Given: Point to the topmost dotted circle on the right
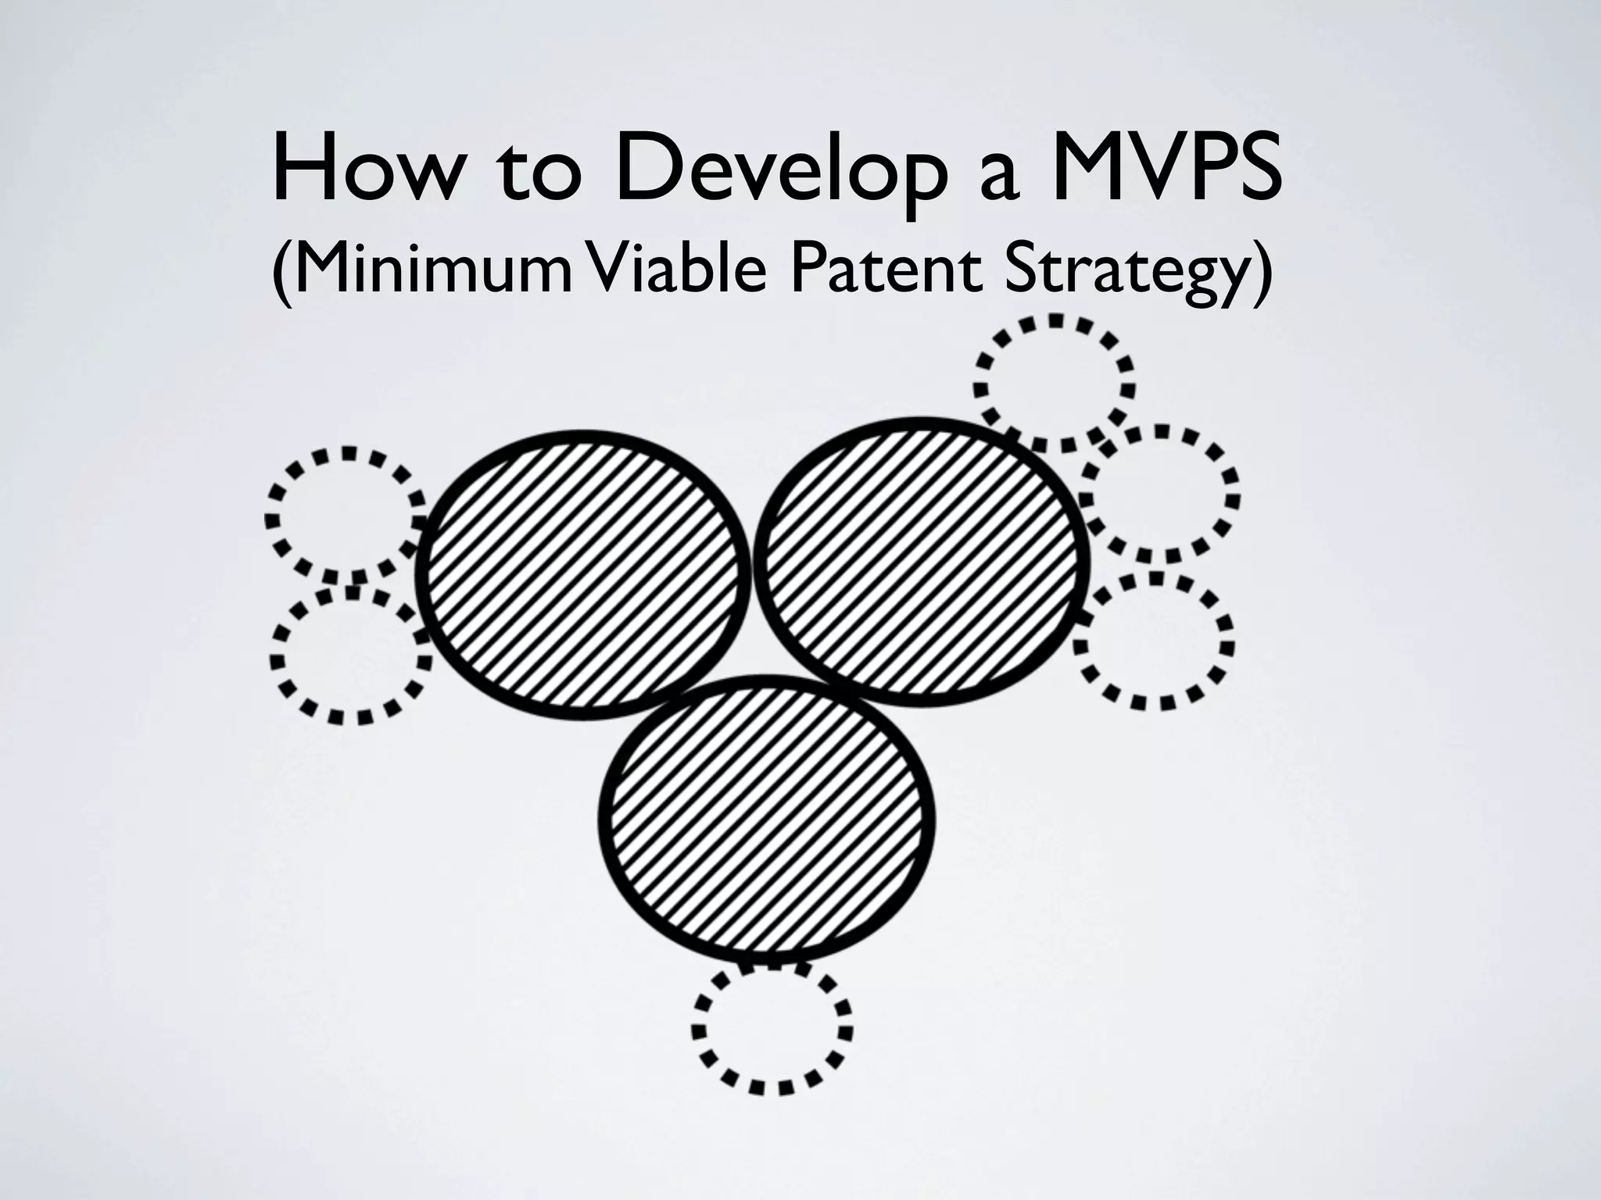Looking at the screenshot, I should [x=1054, y=384].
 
